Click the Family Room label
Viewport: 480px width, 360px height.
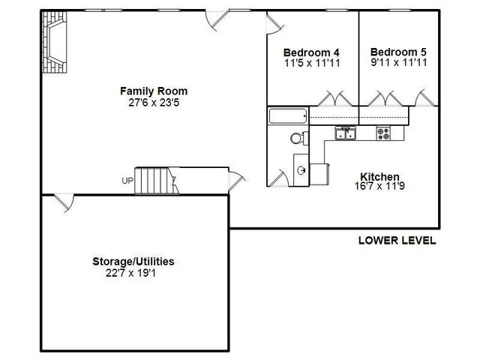[x=154, y=91]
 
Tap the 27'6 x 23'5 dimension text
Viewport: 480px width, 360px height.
[x=154, y=103]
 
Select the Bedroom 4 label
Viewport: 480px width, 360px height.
[x=311, y=52]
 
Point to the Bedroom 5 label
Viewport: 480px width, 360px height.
[x=398, y=52]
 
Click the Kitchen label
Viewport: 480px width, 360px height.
[x=379, y=177]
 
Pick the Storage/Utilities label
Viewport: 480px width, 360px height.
[x=133, y=262]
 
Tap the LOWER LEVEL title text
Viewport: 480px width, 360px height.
[x=397, y=240]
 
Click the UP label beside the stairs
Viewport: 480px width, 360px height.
[x=127, y=181]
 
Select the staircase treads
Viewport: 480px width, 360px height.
[x=157, y=181]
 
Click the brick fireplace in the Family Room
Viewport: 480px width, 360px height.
[x=55, y=42]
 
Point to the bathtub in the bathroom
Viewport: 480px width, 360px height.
[x=288, y=116]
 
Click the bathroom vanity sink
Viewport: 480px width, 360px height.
[x=301, y=170]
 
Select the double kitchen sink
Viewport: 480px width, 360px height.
[x=346, y=133]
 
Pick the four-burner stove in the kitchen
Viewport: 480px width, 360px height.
[x=383, y=133]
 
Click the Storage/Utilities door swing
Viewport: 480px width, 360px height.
[x=65, y=202]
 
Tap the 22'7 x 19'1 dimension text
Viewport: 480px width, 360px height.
[x=130, y=273]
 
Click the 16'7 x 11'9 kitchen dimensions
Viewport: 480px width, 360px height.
[x=379, y=186]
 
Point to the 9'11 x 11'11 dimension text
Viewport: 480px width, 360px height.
[x=398, y=62]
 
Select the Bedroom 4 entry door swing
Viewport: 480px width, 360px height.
[x=275, y=23]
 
